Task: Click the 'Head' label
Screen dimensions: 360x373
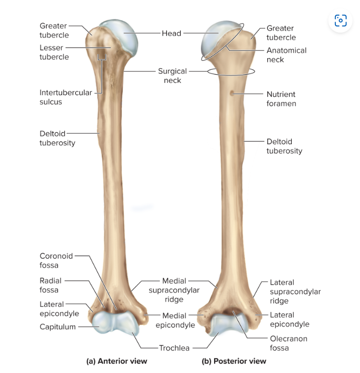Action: (x=171, y=33)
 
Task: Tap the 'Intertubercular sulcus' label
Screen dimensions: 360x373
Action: (x=66, y=97)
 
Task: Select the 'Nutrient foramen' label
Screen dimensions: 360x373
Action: (x=281, y=99)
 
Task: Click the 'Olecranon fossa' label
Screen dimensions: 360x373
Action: (x=288, y=343)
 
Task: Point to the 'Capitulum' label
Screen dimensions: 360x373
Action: (x=58, y=327)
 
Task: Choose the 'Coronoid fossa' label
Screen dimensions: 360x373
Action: (x=56, y=260)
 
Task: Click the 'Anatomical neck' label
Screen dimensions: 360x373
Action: (x=286, y=55)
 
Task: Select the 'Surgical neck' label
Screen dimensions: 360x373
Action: (x=172, y=76)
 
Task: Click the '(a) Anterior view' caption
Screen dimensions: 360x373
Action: (x=117, y=361)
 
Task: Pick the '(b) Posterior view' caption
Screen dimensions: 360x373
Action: (x=234, y=361)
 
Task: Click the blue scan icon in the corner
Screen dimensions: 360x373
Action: (x=340, y=21)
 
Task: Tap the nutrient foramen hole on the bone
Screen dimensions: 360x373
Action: (x=232, y=93)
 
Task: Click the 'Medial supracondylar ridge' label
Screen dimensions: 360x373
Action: (x=174, y=290)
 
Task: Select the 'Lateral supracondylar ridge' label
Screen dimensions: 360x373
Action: (x=295, y=291)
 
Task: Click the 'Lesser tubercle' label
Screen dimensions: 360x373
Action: (x=54, y=52)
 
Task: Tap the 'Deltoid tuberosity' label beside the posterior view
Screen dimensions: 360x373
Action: (x=284, y=146)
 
